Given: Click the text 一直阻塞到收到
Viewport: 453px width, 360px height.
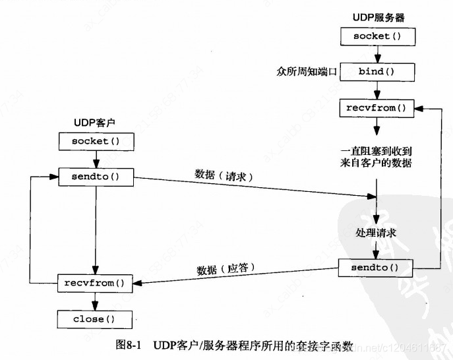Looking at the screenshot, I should [x=376, y=149].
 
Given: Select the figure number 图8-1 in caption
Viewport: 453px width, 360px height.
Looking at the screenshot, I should [x=131, y=345].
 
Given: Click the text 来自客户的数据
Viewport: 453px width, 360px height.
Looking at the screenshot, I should [x=376, y=162].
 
